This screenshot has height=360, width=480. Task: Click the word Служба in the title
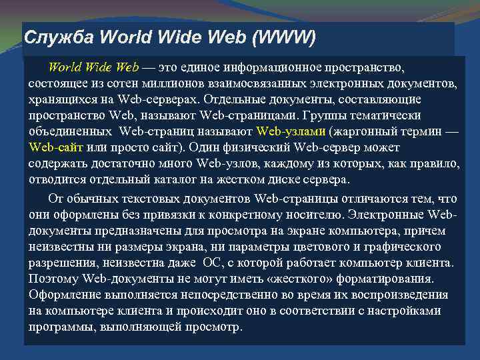pos(47,37)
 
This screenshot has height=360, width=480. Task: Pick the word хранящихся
pos(56,99)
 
